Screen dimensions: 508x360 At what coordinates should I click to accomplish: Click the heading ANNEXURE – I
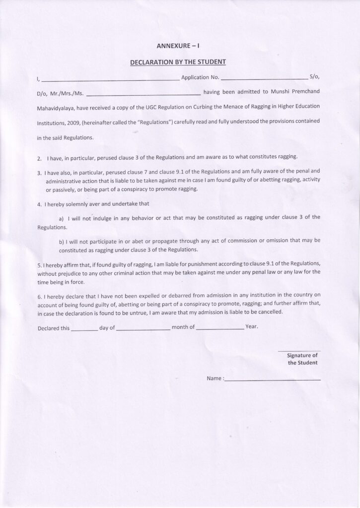tap(178, 46)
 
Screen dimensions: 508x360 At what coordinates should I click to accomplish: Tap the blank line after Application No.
tap(264, 78)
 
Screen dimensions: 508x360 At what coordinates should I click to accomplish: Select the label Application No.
tap(200, 77)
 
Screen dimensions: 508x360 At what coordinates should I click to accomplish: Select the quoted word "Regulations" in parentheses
tap(152, 121)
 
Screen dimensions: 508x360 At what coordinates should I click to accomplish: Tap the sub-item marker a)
tap(62, 218)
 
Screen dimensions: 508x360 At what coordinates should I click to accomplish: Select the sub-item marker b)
tap(62, 241)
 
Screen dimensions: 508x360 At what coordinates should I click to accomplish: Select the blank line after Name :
tap(273, 380)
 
